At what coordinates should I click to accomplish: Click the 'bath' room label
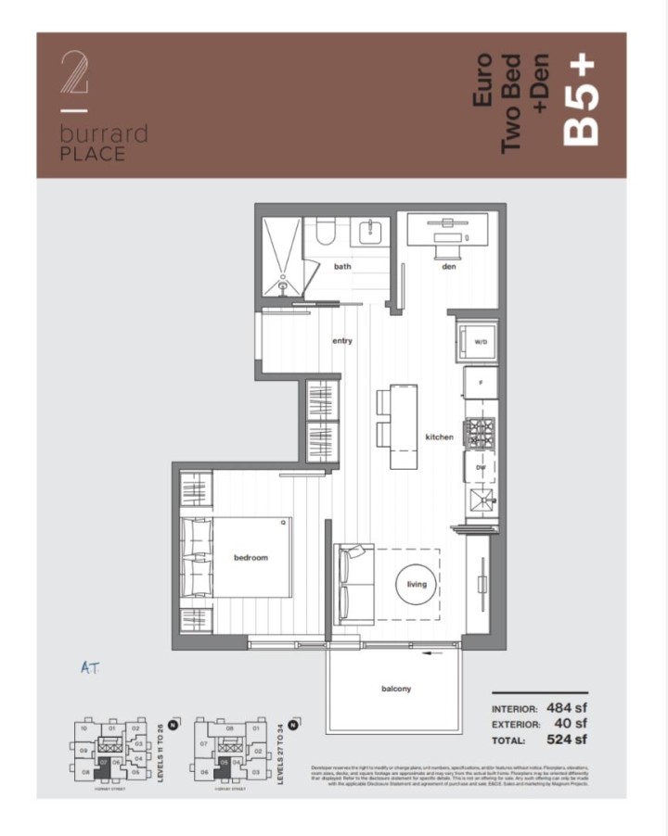click(342, 267)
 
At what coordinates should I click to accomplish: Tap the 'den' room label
click(448, 267)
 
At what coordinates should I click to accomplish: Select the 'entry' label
click(342, 341)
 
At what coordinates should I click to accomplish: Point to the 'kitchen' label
click(439, 437)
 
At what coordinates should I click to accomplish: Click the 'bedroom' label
click(250, 558)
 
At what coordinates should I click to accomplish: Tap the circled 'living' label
click(417, 584)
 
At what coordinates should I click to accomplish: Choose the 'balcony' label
click(396, 689)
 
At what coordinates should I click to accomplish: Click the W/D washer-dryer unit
click(480, 341)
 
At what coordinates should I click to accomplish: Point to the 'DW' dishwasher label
click(481, 468)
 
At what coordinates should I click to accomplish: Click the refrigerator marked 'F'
click(480, 382)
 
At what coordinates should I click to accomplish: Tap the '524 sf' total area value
click(566, 741)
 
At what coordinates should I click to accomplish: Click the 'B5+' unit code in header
click(581, 102)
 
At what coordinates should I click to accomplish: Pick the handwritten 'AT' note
click(90, 666)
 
